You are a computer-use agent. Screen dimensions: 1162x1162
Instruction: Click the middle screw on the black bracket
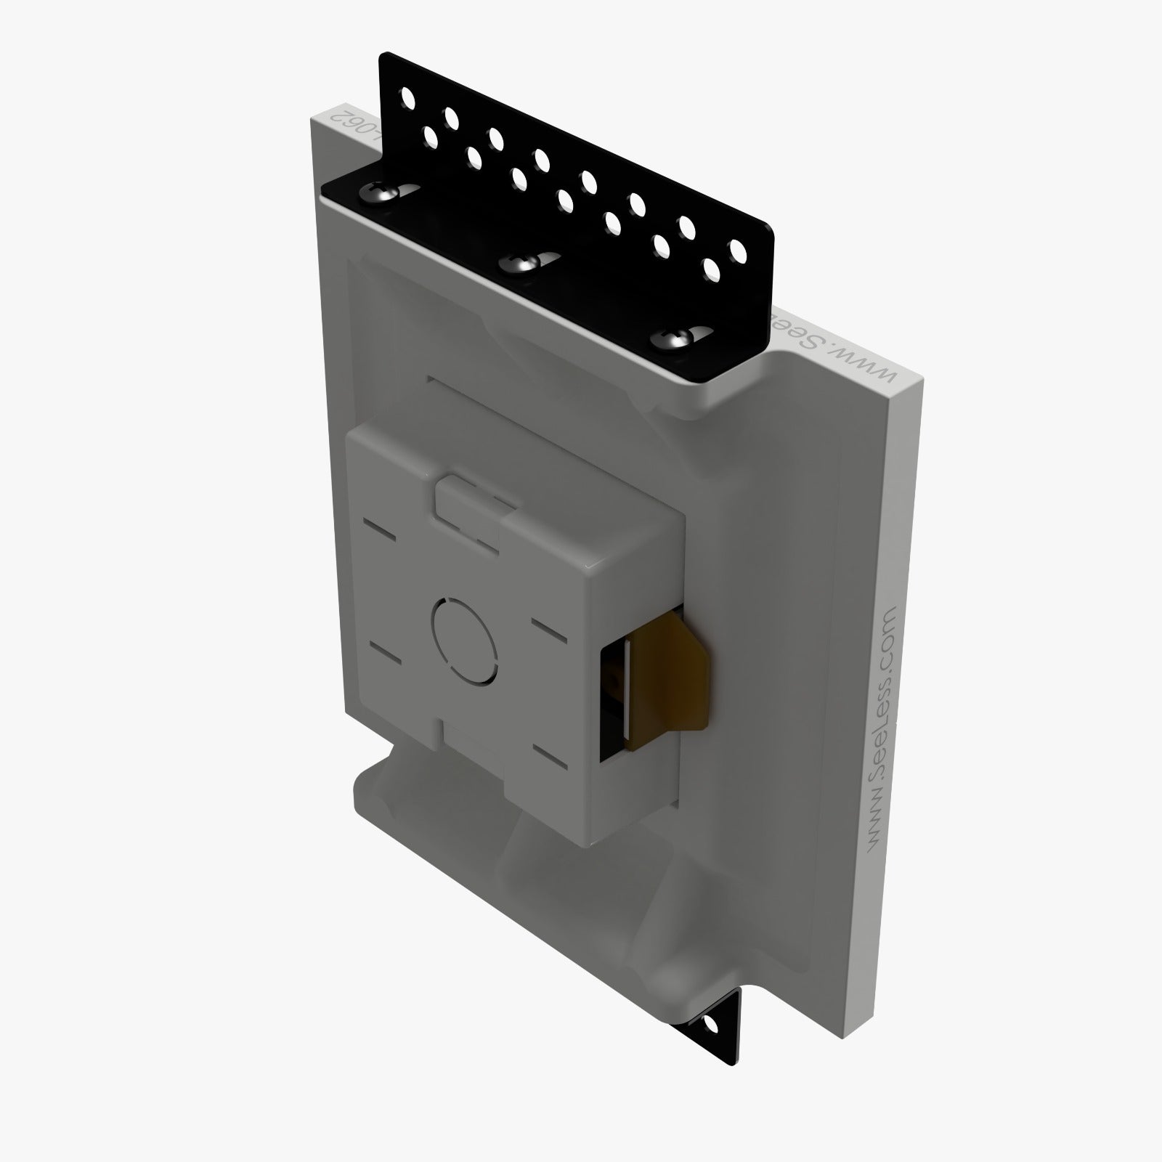(x=521, y=263)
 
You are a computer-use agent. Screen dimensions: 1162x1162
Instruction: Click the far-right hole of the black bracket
(x=738, y=253)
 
